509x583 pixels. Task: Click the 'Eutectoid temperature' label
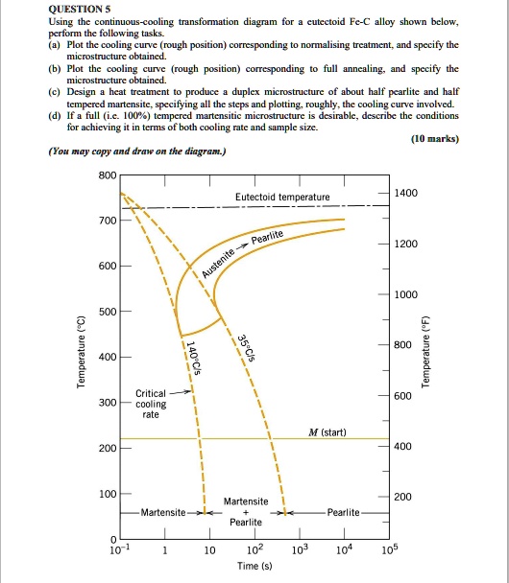point(282,197)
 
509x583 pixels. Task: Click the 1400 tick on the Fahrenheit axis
point(404,193)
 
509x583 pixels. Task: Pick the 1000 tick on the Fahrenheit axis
point(404,294)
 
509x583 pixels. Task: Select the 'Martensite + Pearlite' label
point(246,511)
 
